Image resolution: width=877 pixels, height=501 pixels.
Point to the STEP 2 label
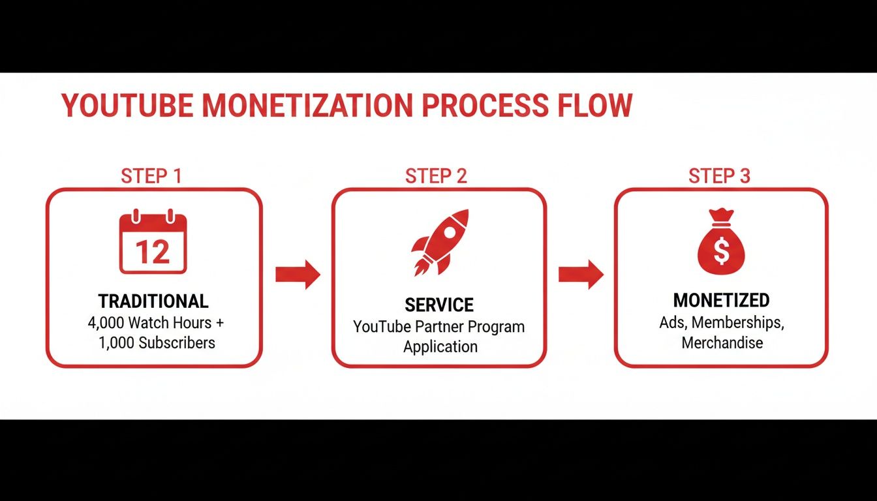[x=437, y=175]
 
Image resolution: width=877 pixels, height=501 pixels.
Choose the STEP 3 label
[x=719, y=175]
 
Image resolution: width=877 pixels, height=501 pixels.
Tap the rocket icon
[x=440, y=242]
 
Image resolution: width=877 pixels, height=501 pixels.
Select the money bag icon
[x=721, y=241]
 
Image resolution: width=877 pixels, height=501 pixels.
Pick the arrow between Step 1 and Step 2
[x=298, y=274]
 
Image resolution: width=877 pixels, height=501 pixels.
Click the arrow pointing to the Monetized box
[x=581, y=274]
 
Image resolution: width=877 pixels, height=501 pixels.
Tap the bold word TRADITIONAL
[x=153, y=301]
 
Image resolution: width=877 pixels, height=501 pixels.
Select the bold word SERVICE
[x=439, y=305]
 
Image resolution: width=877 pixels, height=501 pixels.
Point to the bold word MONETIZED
[x=721, y=300]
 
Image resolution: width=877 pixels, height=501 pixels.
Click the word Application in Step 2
[x=440, y=346]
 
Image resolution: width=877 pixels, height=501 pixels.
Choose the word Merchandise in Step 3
[x=722, y=342]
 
